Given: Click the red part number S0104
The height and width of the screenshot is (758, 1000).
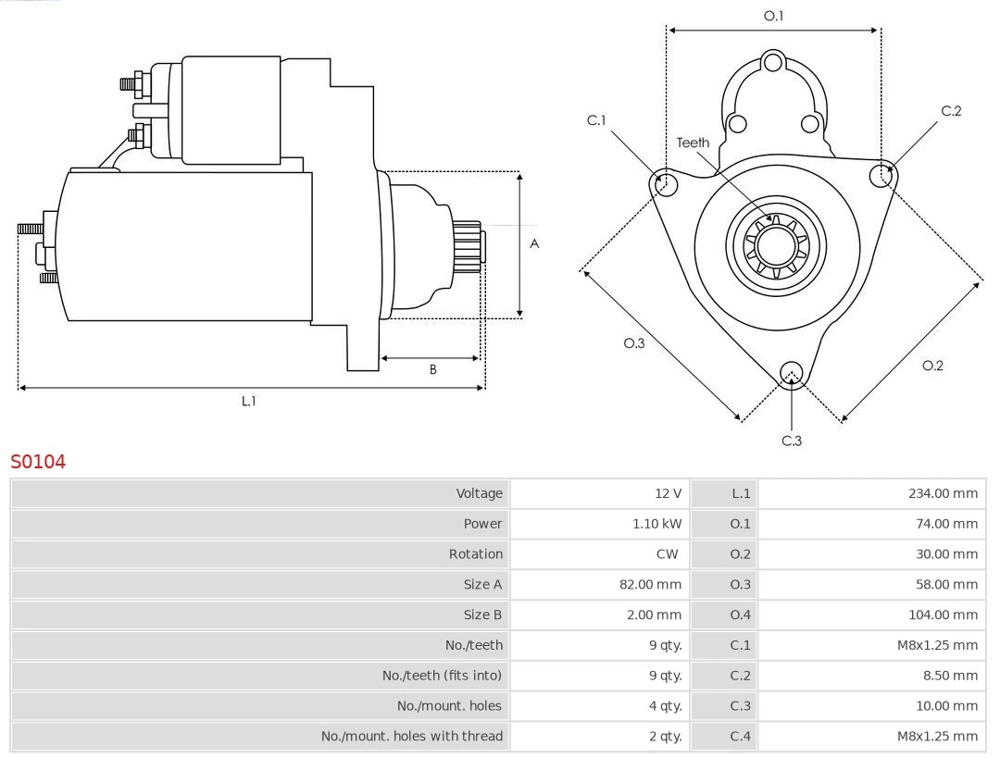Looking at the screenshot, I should (x=38, y=461).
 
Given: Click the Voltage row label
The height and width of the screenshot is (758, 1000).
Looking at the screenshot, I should (x=479, y=493).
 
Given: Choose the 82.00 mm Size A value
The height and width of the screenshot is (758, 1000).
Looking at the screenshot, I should (x=650, y=585).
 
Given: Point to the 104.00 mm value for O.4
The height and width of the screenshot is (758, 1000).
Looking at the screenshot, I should (x=942, y=615).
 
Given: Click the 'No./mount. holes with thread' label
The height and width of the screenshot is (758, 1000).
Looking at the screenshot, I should (x=412, y=736).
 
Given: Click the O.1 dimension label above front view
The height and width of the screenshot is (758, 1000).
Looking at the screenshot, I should (x=773, y=16).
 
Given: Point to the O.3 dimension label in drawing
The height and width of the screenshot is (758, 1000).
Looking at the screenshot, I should (x=633, y=343).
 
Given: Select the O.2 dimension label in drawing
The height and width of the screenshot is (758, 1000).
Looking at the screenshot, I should (x=932, y=366).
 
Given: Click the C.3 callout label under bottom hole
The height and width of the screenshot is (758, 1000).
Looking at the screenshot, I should (x=791, y=441).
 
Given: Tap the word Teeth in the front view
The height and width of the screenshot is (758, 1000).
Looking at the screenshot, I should (x=693, y=143).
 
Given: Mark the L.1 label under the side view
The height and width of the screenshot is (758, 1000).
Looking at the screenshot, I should (x=248, y=401).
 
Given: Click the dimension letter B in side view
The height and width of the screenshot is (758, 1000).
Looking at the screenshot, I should (x=432, y=369).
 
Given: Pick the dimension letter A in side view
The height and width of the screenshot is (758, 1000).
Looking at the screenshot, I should (x=534, y=244).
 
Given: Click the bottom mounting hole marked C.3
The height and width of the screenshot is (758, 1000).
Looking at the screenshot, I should (x=791, y=373).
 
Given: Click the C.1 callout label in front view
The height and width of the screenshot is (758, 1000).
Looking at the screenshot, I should (x=596, y=120).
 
